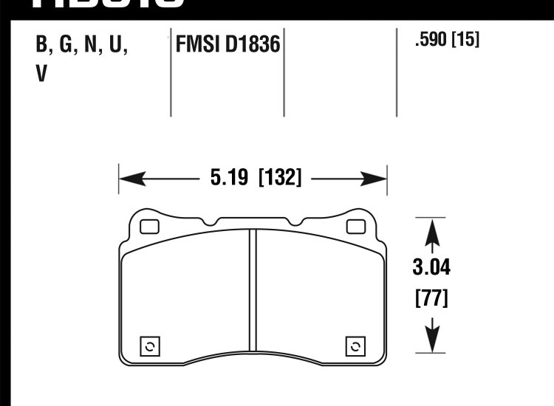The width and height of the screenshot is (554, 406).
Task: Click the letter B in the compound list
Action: [x=43, y=47]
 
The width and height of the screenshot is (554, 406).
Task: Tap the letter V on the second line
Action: [x=41, y=75]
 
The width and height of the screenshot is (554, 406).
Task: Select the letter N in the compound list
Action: [x=92, y=47]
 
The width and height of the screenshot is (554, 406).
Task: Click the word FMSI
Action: [x=196, y=46]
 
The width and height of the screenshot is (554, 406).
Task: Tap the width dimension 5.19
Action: [x=225, y=178]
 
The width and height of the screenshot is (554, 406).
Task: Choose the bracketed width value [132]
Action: [x=280, y=178]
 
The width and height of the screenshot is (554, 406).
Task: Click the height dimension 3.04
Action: [x=431, y=267]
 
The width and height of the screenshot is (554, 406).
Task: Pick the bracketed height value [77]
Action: [x=431, y=300]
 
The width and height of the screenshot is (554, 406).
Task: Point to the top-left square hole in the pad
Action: [x=149, y=227]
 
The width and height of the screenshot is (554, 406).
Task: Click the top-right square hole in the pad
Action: [x=356, y=227]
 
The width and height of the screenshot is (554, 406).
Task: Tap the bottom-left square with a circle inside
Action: [x=150, y=346]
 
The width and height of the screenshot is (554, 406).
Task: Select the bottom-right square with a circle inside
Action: [x=355, y=346]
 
